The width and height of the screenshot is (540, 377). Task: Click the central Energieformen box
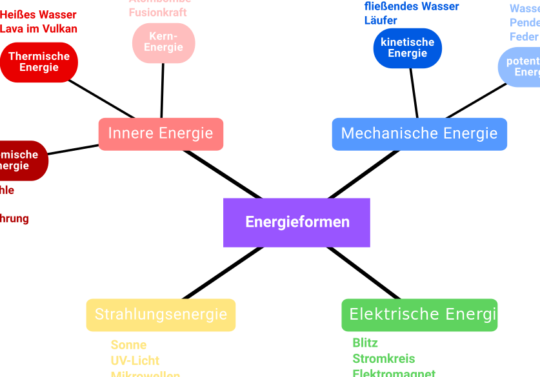[x=297, y=222]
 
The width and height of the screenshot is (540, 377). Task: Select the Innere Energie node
[x=161, y=134]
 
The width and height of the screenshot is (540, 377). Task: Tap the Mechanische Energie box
[x=419, y=134]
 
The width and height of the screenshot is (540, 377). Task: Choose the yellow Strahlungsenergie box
[x=161, y=314]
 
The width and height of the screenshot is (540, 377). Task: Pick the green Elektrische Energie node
[x=419, y=314]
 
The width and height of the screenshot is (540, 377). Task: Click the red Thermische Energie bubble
[x=39, y=63]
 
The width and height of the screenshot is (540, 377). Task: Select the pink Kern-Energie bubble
[x=163, y=43]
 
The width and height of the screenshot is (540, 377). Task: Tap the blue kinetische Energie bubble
[x=407, y=48]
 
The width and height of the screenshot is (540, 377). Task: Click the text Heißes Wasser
[x=38, y=15]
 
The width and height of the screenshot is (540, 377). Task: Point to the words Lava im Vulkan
[x=39, y=29]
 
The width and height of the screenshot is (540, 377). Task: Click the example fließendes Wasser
[x=412, y=6]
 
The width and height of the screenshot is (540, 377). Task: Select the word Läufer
[x=381, y=21]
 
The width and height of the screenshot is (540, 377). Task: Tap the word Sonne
[x=128, y=345]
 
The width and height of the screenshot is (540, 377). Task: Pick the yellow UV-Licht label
[x=135, y=360]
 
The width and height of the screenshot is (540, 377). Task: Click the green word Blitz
[x=365, y=343]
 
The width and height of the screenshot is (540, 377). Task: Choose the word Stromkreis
[x=383, y=358]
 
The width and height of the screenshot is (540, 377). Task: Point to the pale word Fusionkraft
[x=158, y=12]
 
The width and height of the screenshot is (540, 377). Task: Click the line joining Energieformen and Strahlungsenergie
[x=223, y=273]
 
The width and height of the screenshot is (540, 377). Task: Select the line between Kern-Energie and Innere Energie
[x=162, y=90]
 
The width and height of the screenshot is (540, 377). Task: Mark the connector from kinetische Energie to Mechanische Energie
[x=414, y=93]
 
